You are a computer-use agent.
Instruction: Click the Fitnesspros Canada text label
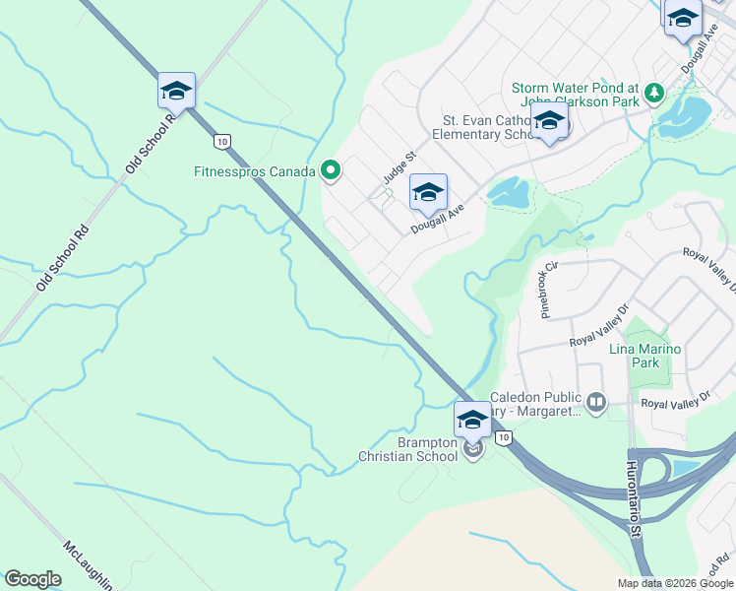tap(254, 171)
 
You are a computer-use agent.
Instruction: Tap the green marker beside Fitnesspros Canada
tap(331, 171)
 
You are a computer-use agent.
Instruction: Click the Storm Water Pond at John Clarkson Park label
tap(576, 95)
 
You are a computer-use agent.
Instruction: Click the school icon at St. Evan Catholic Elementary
tap(549, 125)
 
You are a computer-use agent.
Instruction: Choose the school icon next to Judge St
tap(428, 193)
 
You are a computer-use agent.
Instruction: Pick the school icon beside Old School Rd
tap(177, 92)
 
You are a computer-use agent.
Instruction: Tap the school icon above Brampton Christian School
tap(472, 420)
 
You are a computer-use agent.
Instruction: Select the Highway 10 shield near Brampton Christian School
tap(504, 437)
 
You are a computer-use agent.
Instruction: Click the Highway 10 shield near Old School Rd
tap(223, 142)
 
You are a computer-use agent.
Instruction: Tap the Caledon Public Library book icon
tap(595, 401)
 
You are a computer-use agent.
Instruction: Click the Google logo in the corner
tap(32, 579)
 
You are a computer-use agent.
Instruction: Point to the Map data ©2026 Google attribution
tap(674, 583)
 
